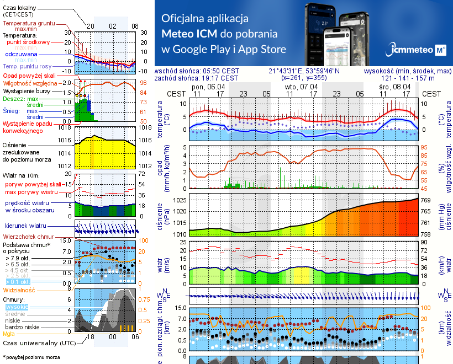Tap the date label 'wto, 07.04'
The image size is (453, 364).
(x=301, y=87)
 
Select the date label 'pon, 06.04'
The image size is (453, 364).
(x=208, y=87)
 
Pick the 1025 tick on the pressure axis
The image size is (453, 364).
(x=181, y=200)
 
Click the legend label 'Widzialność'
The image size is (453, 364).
(x=19, y=289)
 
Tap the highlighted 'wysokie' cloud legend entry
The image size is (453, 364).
(x=16, y=307)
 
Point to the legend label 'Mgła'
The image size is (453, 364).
(x=9, y=334)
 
